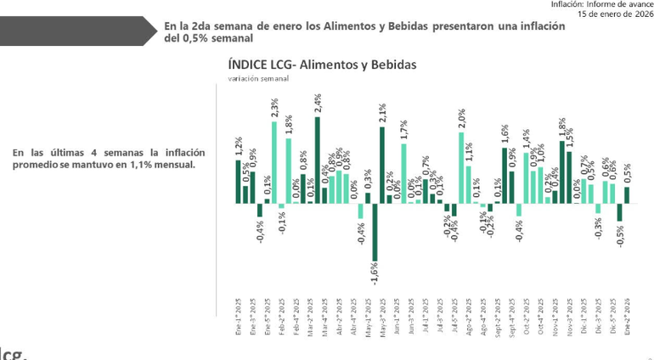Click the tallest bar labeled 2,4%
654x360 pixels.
click(x=318, y=160)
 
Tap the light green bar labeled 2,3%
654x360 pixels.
click(x=274, y=162)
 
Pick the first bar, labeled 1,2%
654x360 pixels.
click(x=239, y=182)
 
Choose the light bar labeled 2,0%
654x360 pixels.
click(x=461, y=167)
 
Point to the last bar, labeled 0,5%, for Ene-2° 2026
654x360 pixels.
click(x=627, y=195)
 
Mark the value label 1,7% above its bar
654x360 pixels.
click(x=403, y=130)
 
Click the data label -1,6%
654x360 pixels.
click(x=374, y=273)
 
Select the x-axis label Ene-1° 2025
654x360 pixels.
click(x=239, y=318)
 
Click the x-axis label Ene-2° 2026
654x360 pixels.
click(x=627, y=318)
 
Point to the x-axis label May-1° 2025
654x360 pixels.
click(x=368, y=318)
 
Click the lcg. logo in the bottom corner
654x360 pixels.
click(x=13, y=352)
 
